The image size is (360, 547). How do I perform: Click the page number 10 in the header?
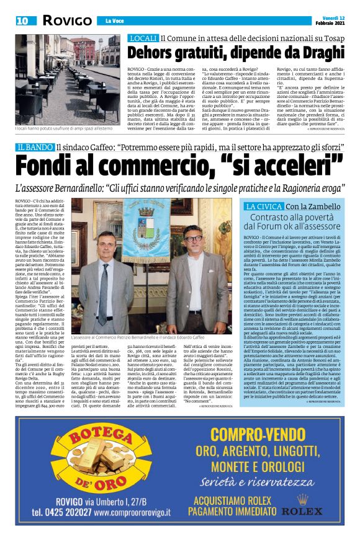pos(22,20)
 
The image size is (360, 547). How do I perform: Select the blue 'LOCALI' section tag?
pos(142,38)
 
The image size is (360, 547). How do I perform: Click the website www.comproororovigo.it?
pos(128,513)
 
